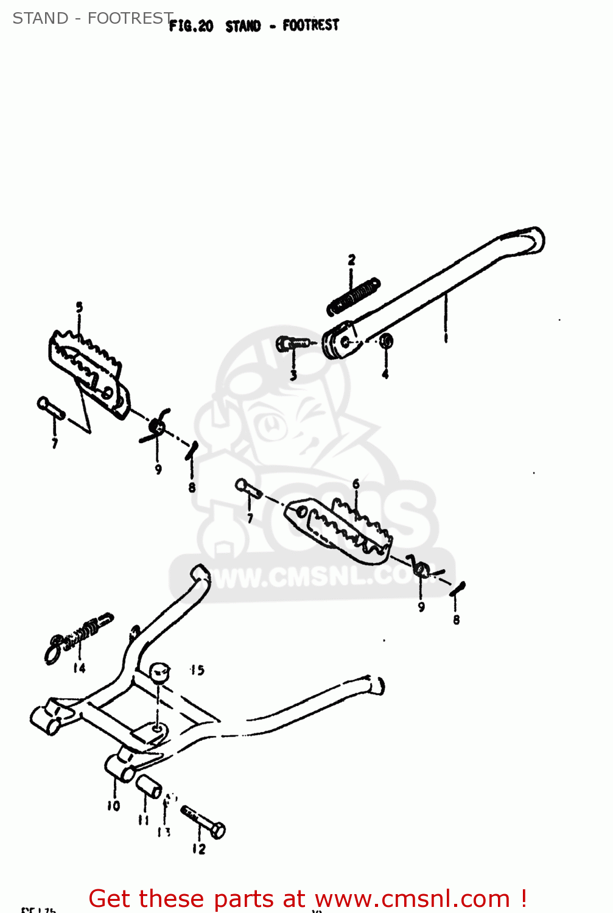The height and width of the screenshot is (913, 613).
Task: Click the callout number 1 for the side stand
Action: click(446, 337)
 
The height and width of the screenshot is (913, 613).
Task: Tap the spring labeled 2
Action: click(354, 296)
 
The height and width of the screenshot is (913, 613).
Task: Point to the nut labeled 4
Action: click(386, 341)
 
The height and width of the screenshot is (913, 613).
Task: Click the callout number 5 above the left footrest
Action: click(79, 307)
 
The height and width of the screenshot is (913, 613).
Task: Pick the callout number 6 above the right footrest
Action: click(356, 484)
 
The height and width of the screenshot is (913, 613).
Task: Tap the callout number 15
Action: click(197, 670)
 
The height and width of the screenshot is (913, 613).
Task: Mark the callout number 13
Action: click(164, 831)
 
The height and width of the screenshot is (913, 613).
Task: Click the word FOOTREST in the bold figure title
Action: click(310, 25)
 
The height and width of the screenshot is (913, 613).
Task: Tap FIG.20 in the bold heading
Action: click(191, 26)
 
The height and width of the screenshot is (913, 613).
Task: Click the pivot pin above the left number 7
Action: click(51, 407)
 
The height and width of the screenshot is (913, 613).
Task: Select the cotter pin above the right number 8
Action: click(458, 589)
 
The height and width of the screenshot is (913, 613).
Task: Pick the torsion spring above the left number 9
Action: click(157, 425)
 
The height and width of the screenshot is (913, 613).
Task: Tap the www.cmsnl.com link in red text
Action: click(412, 898)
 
